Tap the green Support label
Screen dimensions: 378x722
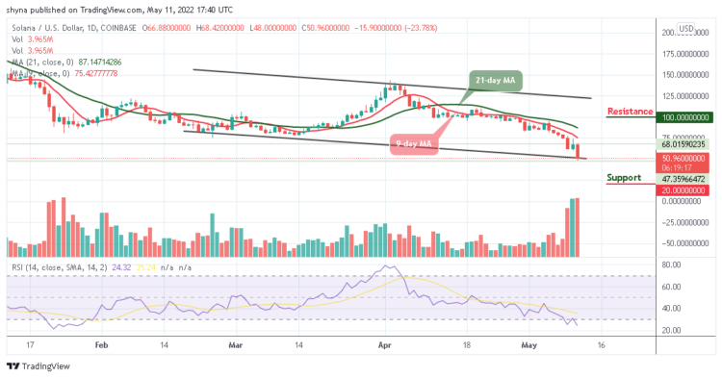tap(625, 178)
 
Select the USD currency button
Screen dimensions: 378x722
tap(686, 29)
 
